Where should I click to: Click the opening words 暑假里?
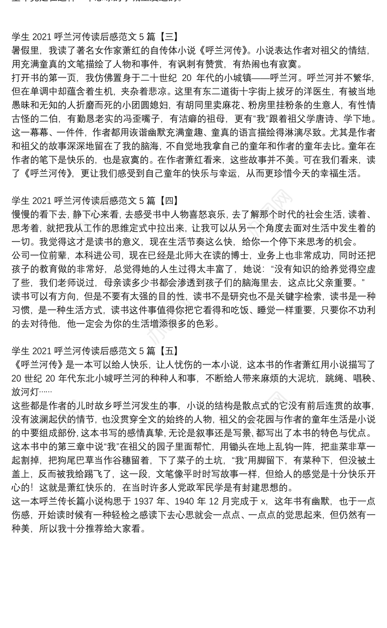tap(24, 50)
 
